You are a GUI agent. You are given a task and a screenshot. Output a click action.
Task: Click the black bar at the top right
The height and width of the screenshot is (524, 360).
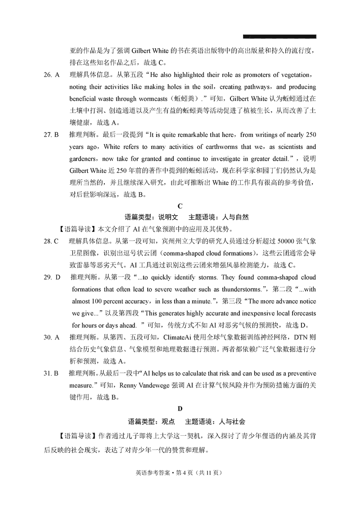[x=279, y=36]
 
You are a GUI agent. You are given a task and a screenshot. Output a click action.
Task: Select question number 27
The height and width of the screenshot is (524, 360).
[x=47, y=135]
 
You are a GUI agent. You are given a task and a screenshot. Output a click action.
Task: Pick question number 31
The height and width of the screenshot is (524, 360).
[x=47, y=373]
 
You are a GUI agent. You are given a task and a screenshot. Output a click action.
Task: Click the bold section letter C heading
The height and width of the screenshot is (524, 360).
[x=180, y=206]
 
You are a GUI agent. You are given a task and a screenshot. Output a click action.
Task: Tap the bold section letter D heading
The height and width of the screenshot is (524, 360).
[x=180, y=409]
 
